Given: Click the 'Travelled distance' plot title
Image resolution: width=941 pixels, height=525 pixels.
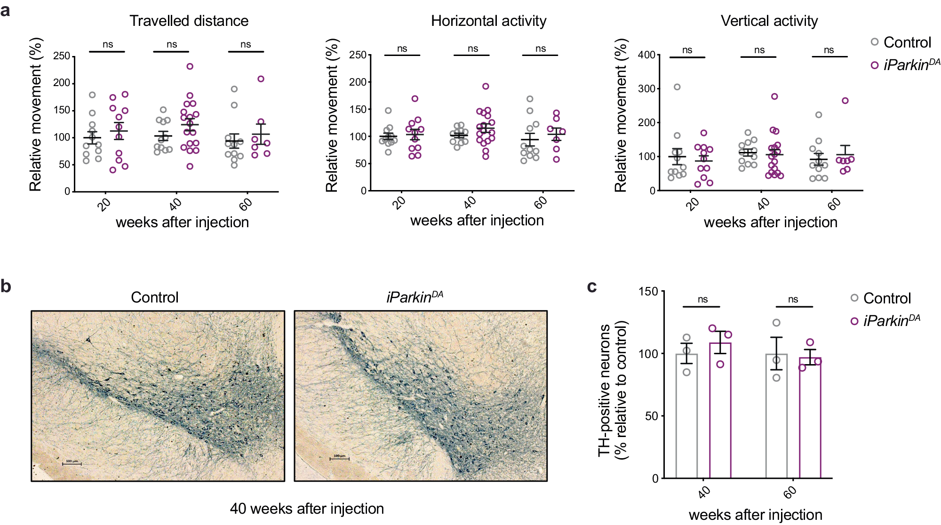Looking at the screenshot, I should (189, 21).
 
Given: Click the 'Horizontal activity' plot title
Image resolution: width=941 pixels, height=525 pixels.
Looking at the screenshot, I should (488, 21).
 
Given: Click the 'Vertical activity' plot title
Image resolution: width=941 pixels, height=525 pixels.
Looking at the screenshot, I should (769, 21).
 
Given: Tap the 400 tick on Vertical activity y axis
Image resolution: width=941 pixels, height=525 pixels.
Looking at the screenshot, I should (646, 55).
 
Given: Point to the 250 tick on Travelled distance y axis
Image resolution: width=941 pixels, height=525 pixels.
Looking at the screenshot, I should (62, 56).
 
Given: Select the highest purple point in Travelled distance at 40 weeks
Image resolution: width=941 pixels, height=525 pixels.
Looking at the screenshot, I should (190, 66).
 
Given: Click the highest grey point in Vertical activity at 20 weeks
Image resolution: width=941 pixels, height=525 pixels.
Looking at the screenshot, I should (677, 87).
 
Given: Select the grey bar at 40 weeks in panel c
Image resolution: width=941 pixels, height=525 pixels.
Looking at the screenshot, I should (686, 416).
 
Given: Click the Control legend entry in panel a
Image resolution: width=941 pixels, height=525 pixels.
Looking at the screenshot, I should (901, 42).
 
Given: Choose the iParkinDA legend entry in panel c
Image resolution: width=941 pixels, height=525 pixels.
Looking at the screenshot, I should (885, 321).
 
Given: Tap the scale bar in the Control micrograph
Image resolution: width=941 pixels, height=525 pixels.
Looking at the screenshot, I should (72, 464).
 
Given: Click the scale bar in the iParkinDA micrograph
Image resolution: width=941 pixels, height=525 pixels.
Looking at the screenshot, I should (339, 458).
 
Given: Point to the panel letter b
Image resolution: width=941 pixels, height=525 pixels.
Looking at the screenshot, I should (6, 286).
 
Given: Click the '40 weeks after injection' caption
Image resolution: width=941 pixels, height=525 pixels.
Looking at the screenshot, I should (307, 509).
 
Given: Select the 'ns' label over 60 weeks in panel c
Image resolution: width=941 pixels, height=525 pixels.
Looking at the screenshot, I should (793, 299).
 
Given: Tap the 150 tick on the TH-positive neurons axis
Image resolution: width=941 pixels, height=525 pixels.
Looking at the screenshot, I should (648, 292).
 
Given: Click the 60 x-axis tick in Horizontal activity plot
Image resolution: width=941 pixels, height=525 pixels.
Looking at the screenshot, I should (541, 202).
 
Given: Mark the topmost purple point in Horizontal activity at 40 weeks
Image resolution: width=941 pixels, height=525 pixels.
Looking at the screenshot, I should (486, 86).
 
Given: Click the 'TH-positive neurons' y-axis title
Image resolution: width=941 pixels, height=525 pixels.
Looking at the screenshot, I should (604, 390).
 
